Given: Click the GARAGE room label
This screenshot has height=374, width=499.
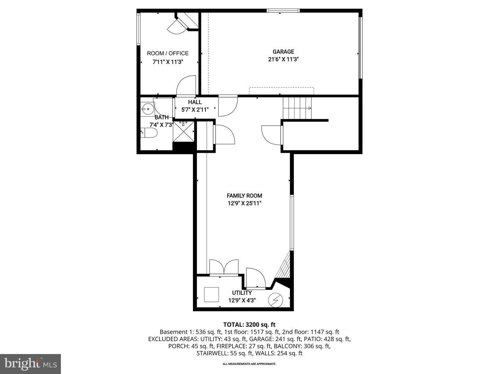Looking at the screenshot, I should (x=283, y=52).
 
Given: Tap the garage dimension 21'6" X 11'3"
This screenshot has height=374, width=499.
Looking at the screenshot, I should (x=283, y=59).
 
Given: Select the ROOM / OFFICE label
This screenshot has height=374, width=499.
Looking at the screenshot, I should (x=168, y=53).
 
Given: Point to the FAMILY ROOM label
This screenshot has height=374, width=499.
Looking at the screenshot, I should (x=244, y=196).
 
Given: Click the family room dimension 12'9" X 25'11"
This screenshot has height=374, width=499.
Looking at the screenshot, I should (x=244, y=203).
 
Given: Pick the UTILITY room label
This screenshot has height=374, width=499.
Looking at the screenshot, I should (x=242, y=293).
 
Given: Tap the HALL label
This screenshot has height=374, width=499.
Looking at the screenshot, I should (x=195, y=102).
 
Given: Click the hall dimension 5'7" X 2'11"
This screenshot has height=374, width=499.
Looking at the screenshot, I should (x=195, y=110).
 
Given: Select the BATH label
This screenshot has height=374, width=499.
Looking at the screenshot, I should (x=161, y=117).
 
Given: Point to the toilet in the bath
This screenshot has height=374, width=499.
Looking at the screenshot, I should (x=149, y=133).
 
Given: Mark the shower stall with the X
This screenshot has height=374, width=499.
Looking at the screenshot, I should (x=183, y=131).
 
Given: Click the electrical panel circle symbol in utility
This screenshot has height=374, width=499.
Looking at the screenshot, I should (x=276, y=300).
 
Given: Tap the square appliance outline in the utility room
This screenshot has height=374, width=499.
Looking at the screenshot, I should (x=211, y=294).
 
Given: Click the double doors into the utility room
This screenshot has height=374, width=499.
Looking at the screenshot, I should (x=224, y=267).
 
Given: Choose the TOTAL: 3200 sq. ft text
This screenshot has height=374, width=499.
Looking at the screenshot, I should (x=249, y=325).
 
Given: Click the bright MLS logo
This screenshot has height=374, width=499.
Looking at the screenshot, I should (x=30, y=364).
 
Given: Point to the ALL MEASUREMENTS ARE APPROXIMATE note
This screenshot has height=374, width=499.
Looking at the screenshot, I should (x=249, y=364).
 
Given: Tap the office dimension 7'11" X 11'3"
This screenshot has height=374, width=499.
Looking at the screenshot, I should (x=168, y=62).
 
